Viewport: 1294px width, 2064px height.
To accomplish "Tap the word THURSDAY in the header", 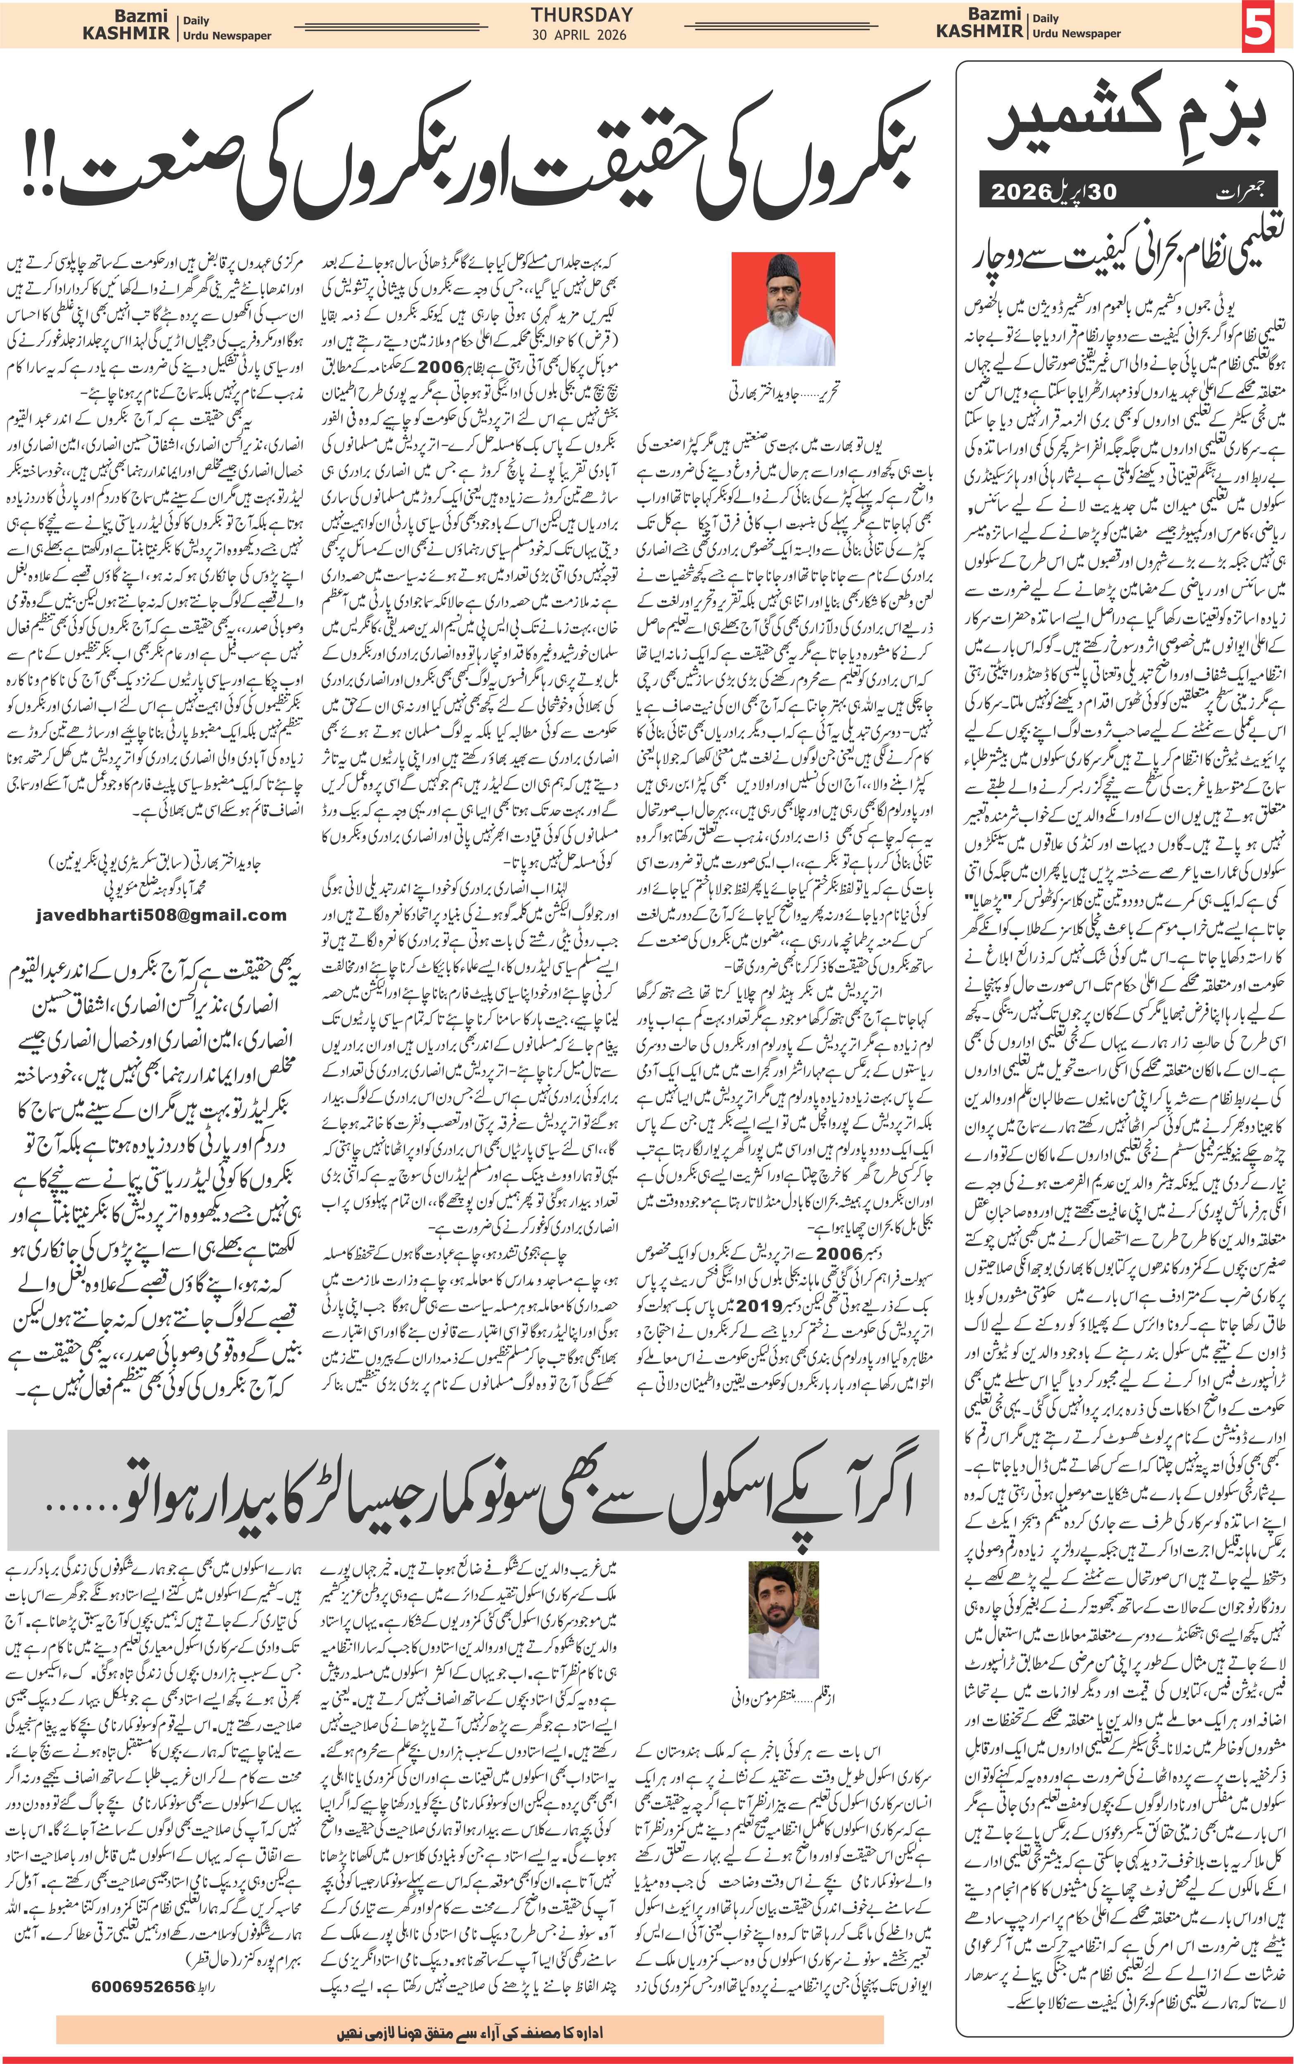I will [x=582, y=14].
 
